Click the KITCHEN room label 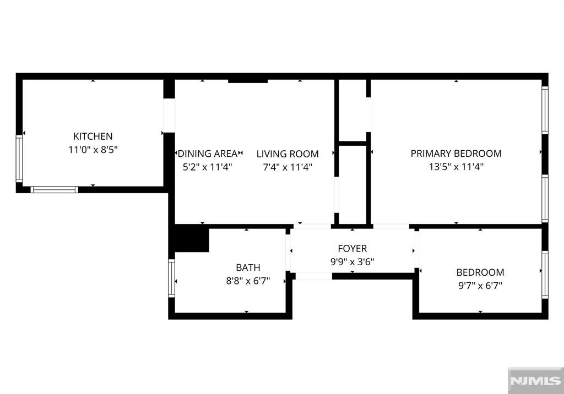(x=93, y=136)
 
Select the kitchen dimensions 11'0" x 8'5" (x=93, y=150)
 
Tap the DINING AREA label (x=208, y=154)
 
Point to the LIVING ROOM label (x=288, y=154)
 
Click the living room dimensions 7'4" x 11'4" (x=288, y=167)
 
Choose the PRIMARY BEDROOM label (x=456, y=154)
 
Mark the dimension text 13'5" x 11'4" (x=456, y=167)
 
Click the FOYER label (x=352, y=248)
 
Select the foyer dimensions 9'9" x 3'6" (x=352, y=262)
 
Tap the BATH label (x=248, y=267)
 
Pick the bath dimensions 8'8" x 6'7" (x=248, y=281)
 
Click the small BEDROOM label (x=480, y=272)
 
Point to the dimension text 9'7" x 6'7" (x=480, y=286)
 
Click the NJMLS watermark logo (x=535, y=381)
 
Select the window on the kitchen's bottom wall (x=55, y=190)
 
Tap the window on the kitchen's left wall (x=19, y=158)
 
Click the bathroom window (x=172, y=278)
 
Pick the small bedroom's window (x=545, y=275)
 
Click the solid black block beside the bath (x=191, y=238)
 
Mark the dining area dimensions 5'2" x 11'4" (x=208, y=167)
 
